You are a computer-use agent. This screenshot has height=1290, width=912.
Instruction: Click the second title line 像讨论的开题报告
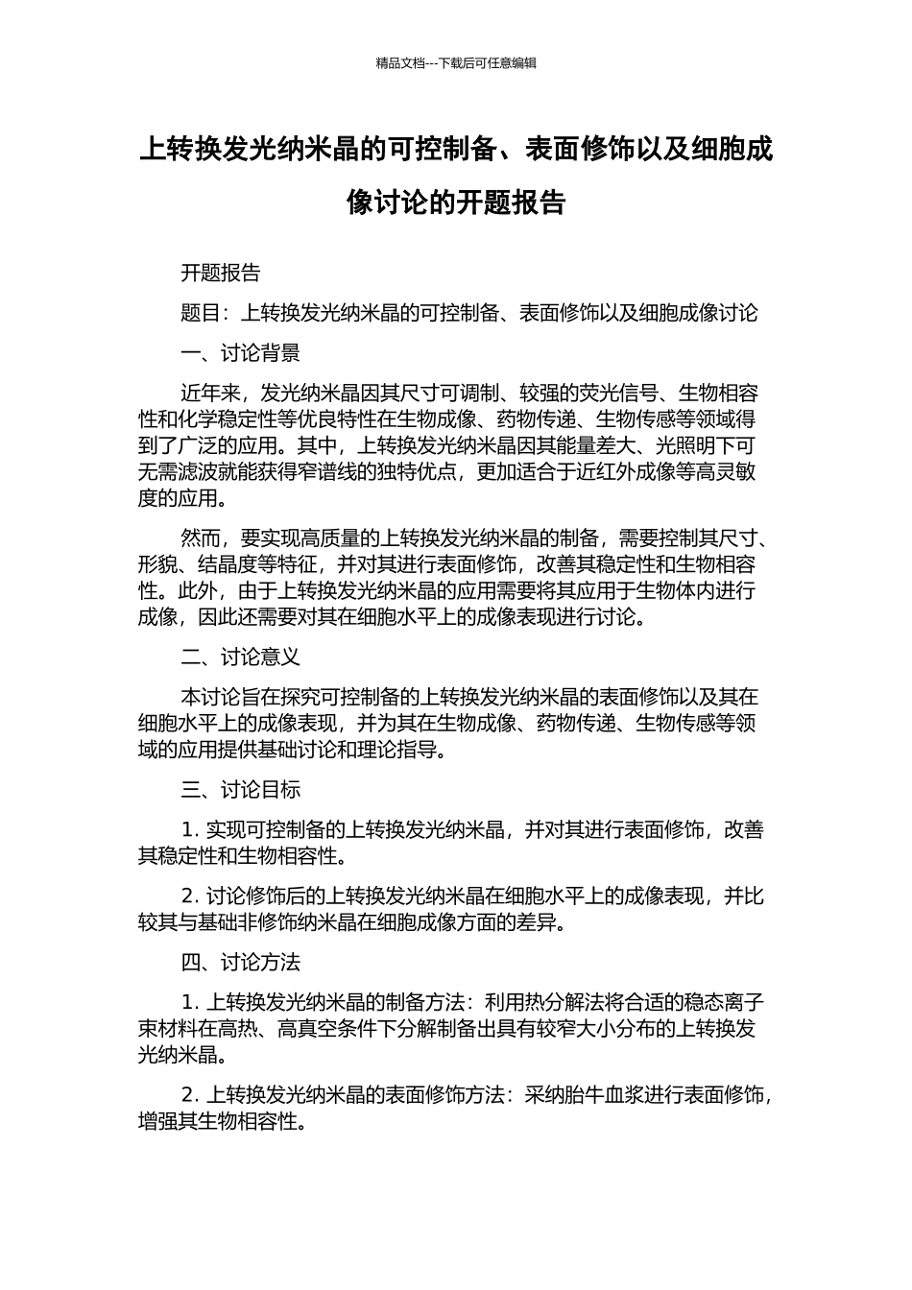click(456, 203)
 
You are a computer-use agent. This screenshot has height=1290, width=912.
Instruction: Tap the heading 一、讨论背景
click(241, 353)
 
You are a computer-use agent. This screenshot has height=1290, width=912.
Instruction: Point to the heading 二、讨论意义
click(241, 657)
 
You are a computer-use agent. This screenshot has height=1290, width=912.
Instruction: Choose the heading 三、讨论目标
click(241, 789)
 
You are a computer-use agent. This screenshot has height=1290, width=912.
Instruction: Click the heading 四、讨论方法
click(241, 962)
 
